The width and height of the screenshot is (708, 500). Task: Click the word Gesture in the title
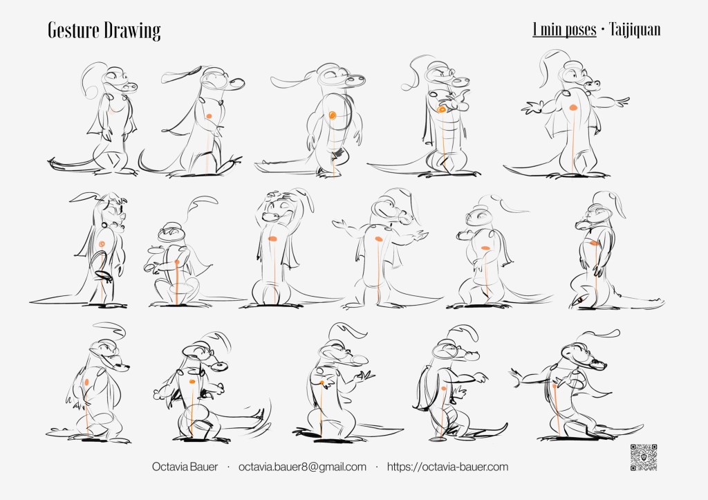pyautogui.click(x=73, y=30)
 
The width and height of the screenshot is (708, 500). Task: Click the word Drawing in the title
pyautogui.click(x=132, y=31)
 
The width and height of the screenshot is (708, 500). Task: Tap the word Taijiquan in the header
pyautogui.click(x=635, y=30)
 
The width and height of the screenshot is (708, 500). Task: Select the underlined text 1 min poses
pyautogui.click(x=564, y=30)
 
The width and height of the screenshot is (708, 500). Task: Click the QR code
pyautogui.click(x=644, y=458)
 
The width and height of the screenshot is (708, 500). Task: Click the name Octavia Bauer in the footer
pyautogui.click(x=185, y=467)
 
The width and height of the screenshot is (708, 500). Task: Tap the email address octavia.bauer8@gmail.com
pyautogui.click(x=302, y=467)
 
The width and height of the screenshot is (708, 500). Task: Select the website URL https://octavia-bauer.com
pyautogui.click(x=447, y=467)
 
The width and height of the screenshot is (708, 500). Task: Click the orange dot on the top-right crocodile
pyautogui.click(x=573, y=107)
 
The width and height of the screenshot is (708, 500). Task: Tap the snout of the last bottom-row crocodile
pyautogui.click(x=596, y=362)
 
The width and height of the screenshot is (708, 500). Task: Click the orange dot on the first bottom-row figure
pyautogui.click(x=86, y=382)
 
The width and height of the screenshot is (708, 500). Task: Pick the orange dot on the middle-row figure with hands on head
pyautogui.click(x=272, y=239)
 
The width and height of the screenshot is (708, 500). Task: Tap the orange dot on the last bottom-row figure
pyautogui.click(x=554, y=386)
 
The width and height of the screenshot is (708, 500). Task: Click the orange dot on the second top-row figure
pyautogui.click(x=209, y=116)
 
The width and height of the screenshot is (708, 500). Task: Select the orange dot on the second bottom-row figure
pyautogui.click(x=192, y=382)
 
